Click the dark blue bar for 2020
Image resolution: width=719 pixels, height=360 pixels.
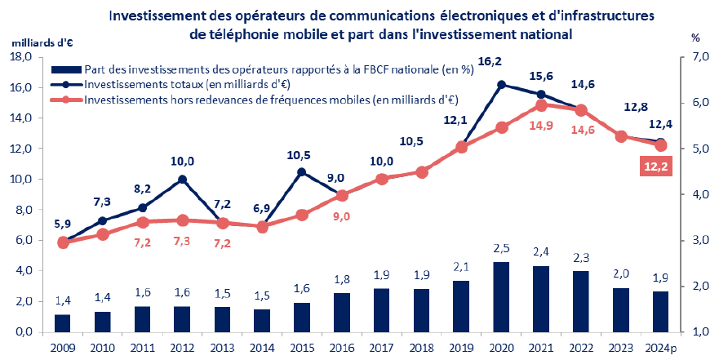click(502, 297)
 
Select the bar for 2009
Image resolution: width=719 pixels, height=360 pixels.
click(63, 322)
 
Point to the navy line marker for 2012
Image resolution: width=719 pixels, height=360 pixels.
click(182, 180)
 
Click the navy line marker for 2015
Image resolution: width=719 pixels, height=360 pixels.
click(302, 172)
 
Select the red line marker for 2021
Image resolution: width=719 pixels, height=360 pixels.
click(541, 105)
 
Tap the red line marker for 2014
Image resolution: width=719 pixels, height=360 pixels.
click(262, 227)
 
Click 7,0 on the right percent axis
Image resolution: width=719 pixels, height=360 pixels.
click(690, 57)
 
